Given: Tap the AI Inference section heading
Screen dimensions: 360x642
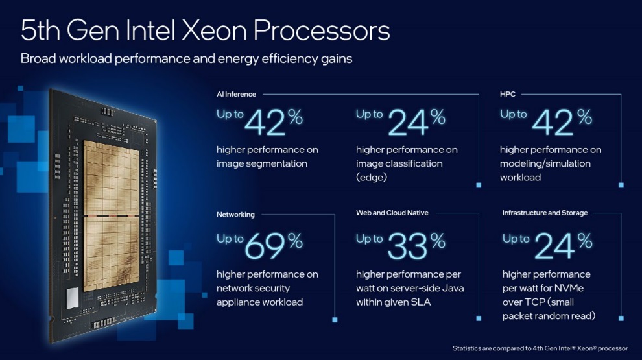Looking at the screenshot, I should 236,95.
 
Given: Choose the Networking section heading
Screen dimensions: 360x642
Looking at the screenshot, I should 235,214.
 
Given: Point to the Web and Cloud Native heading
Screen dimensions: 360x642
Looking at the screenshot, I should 392,213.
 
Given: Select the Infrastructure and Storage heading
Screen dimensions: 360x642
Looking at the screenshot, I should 545,213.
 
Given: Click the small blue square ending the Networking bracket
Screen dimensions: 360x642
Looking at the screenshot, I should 335,320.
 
